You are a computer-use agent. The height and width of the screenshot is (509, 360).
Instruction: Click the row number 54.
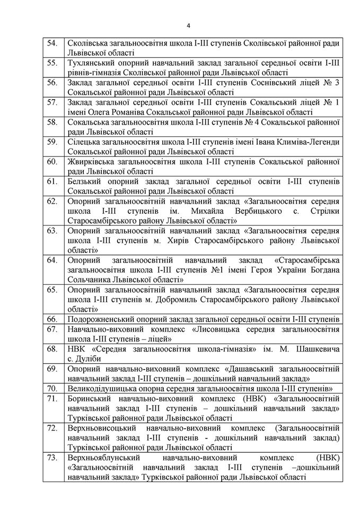pos(52,43)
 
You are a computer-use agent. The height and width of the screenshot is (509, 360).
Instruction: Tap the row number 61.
pos(52,181)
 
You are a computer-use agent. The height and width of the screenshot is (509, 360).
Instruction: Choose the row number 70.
pos(52,389)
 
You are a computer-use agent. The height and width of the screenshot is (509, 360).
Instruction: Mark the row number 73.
pos(52,458)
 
